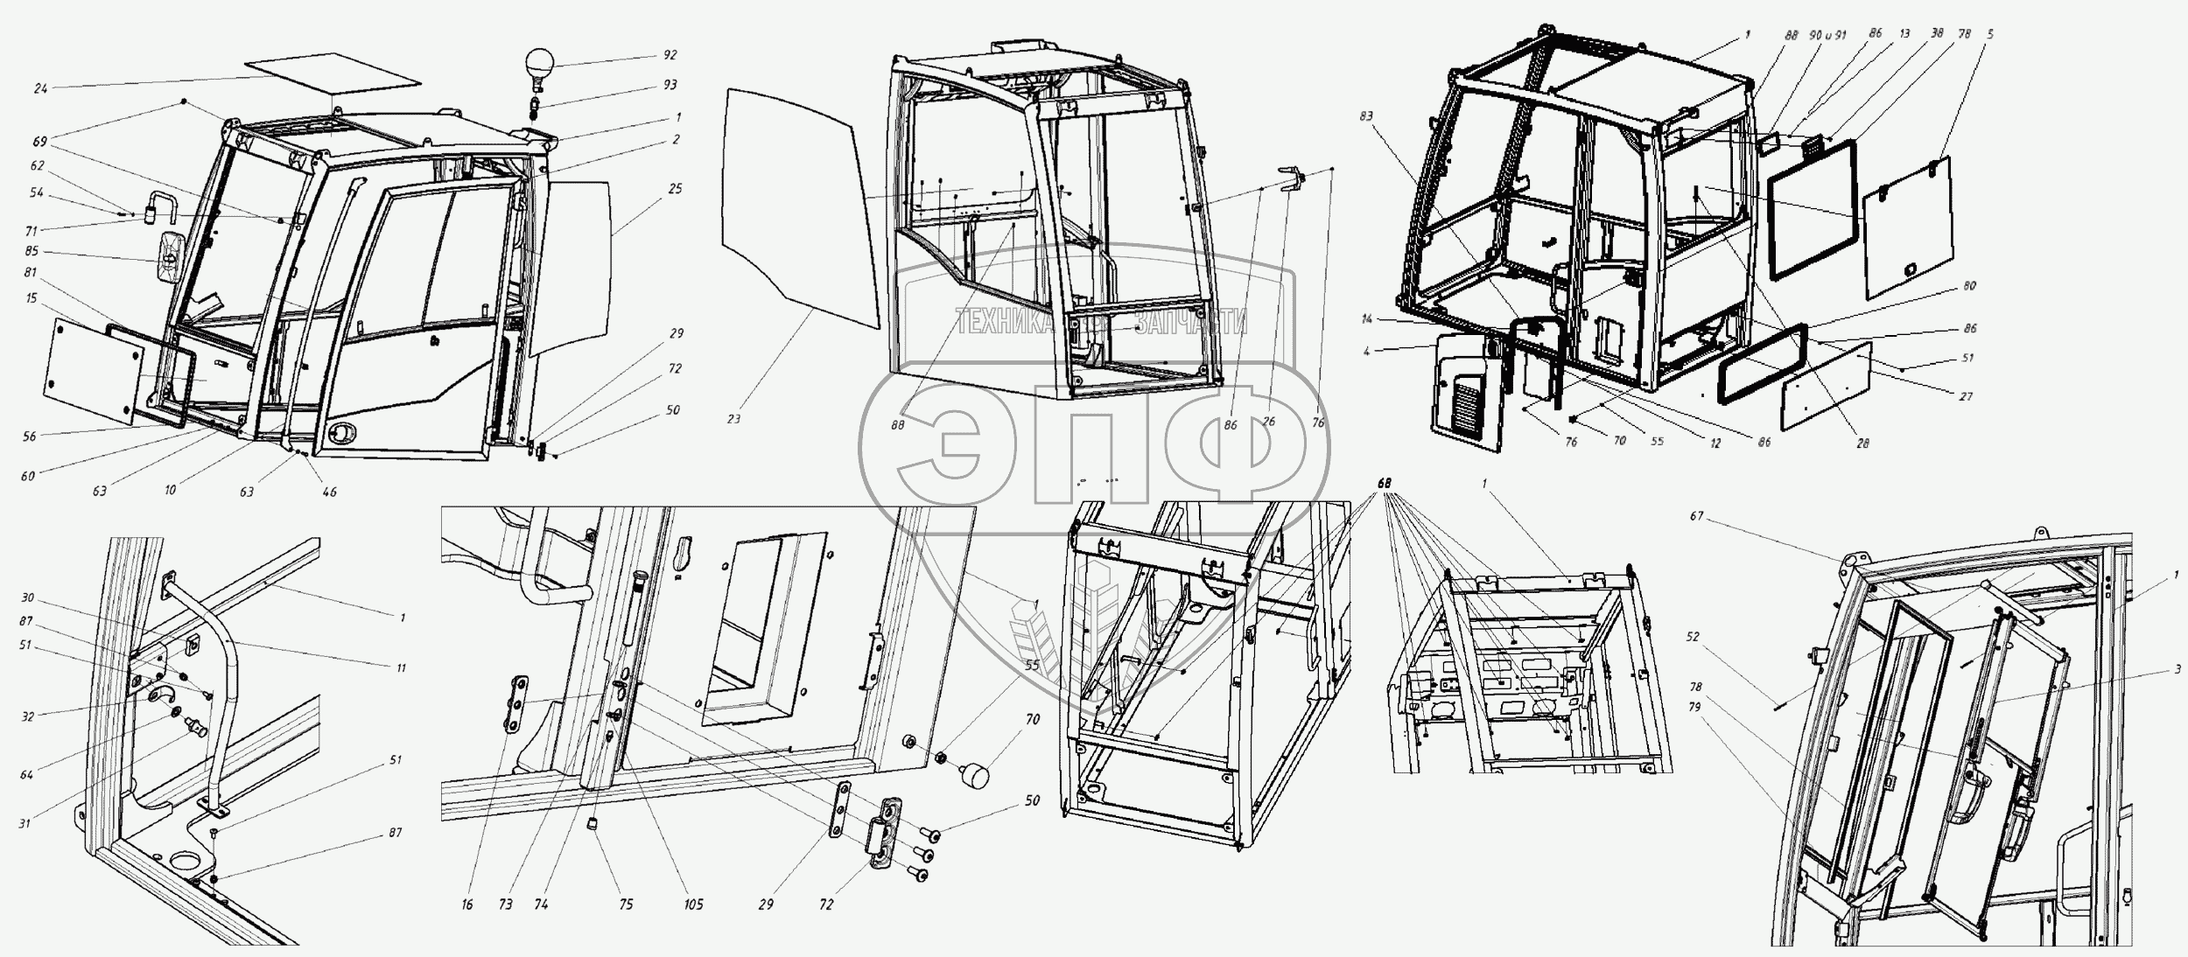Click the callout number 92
pos(670,54)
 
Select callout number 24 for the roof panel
pos(41,87)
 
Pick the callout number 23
pos(733,419)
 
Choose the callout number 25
pos(674,189)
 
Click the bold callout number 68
pos(1384,483)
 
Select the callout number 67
pos(1697,517)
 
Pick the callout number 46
pos(329,492)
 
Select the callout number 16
pos(466,905)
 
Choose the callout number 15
pos(32,298)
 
